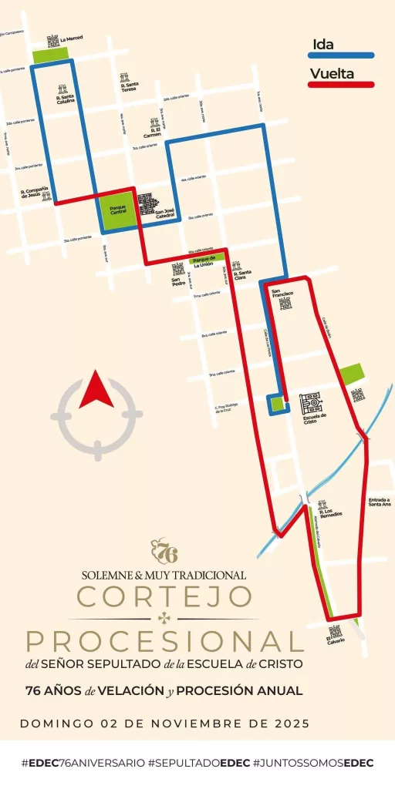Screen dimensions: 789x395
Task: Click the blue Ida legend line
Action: pyautogui.click(x=341, y=55)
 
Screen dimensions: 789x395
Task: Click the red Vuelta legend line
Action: pyautogui.click(x=341, y=84)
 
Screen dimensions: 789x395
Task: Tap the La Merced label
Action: pyautogui.click(x=71, y=38)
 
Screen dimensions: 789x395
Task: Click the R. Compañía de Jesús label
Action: pyautogui.click(x=35, y=193)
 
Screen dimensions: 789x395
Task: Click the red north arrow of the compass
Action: pyautogui.click(x=97, y=391)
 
